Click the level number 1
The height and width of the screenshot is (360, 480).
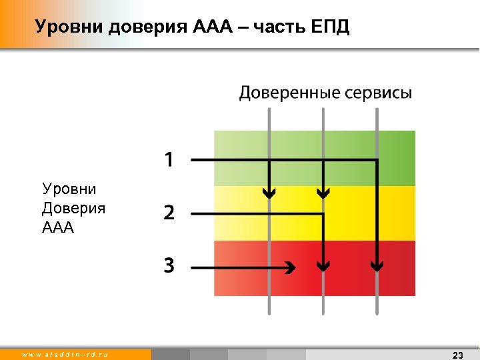pos(169,160)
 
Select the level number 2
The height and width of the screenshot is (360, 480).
pos(169,213)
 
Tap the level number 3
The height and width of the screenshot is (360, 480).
pos(169,267)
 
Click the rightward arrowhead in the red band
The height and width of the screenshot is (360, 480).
pos(290,267)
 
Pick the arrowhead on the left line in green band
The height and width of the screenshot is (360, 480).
pos(269,194)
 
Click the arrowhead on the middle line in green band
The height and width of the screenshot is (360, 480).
pos(323,194)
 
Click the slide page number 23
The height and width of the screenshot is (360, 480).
pos(457,355)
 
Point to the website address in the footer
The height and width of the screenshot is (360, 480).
pos(65,354)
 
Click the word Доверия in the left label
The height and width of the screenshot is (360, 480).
pos(73,209)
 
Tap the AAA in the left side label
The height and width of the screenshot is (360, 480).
pos(57,228)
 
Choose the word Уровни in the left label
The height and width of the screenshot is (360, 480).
pos(69,189)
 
